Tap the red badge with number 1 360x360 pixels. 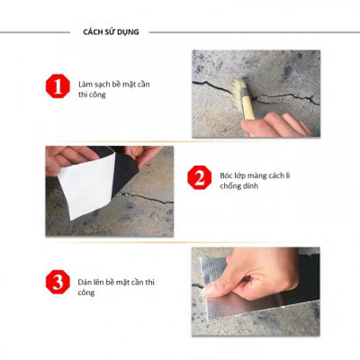point(58,88)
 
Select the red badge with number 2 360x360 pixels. point(198,176)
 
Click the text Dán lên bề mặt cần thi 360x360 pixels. point(121,281)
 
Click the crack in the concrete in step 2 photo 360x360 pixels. point(144,197)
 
